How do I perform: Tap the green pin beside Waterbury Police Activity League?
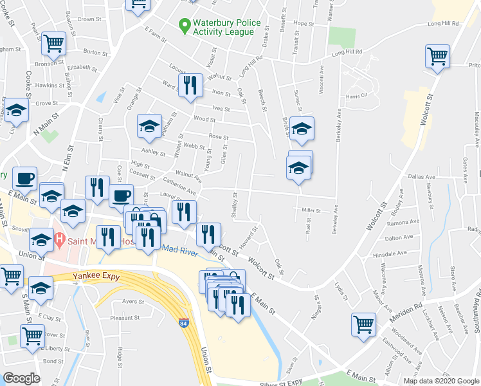185,26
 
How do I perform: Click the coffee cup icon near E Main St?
25,178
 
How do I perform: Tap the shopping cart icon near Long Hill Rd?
437,56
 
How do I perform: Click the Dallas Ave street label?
414,176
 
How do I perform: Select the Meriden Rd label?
409,306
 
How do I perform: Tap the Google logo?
21,378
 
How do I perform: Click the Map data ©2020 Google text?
440,381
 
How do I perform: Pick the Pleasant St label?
125,318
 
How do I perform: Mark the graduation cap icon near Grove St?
16,110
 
